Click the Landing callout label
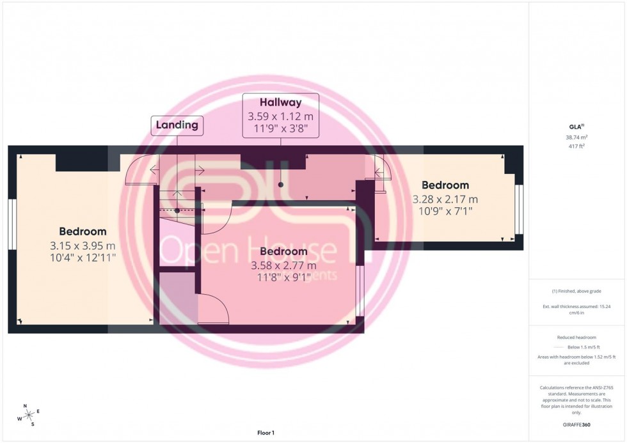[177, 125]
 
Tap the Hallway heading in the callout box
[280, 102]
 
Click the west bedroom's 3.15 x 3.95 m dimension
[83, 245]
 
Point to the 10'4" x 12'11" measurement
[83, 258]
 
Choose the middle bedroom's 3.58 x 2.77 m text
[283, 265]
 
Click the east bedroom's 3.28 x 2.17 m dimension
[445, 199]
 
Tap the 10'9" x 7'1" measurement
[445, 212]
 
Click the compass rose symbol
[28, 415]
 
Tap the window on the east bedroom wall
[520, 209]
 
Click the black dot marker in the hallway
[280, 184]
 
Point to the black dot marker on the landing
[177, 210]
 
